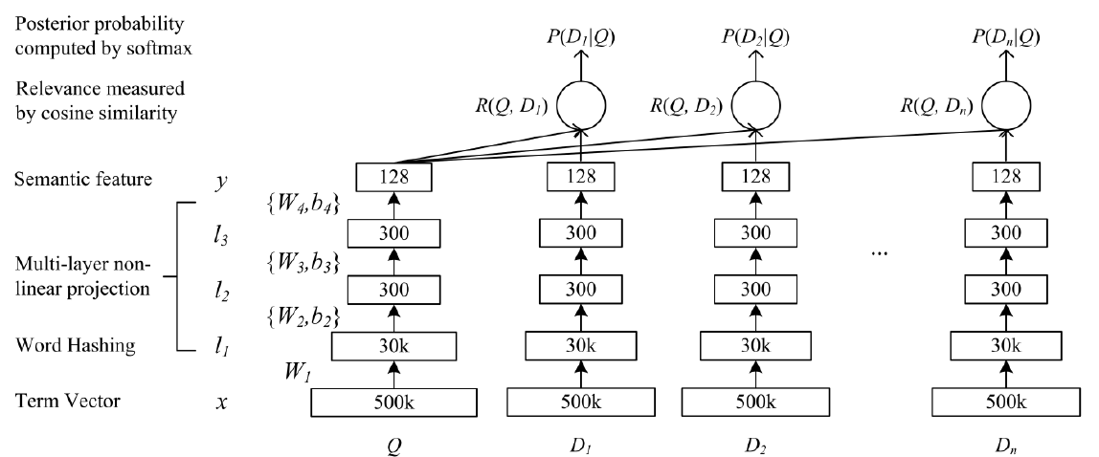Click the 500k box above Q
[x=393, y=403]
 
